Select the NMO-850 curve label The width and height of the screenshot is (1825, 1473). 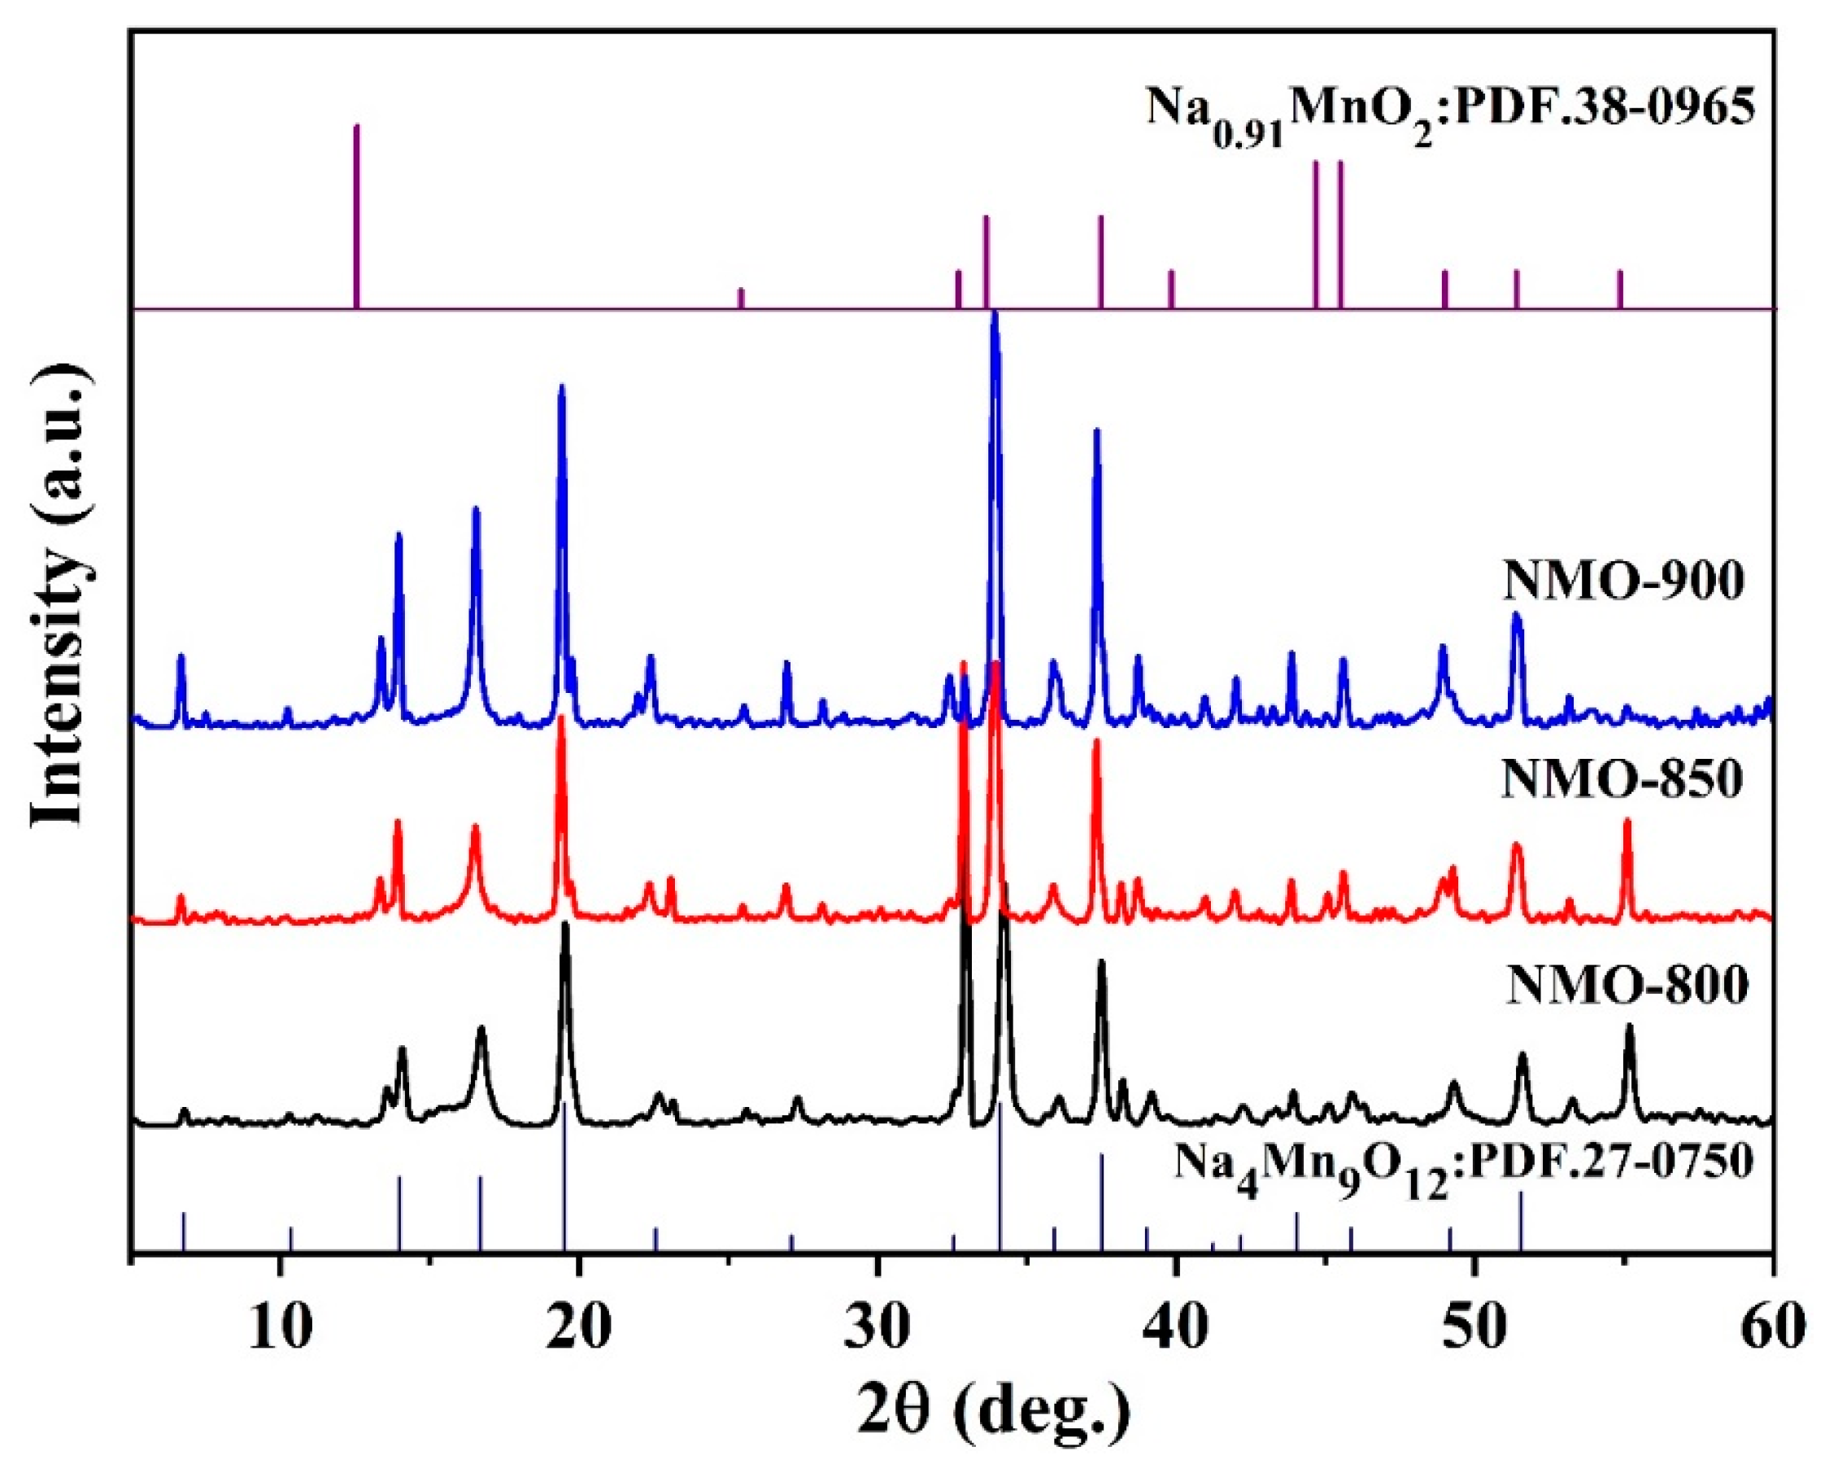coord(1622,779)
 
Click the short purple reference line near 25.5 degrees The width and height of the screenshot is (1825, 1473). coord(741,298)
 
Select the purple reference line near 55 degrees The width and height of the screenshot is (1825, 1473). coord(1620,290)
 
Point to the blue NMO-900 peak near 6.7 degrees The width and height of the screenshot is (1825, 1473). coord(180,657)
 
